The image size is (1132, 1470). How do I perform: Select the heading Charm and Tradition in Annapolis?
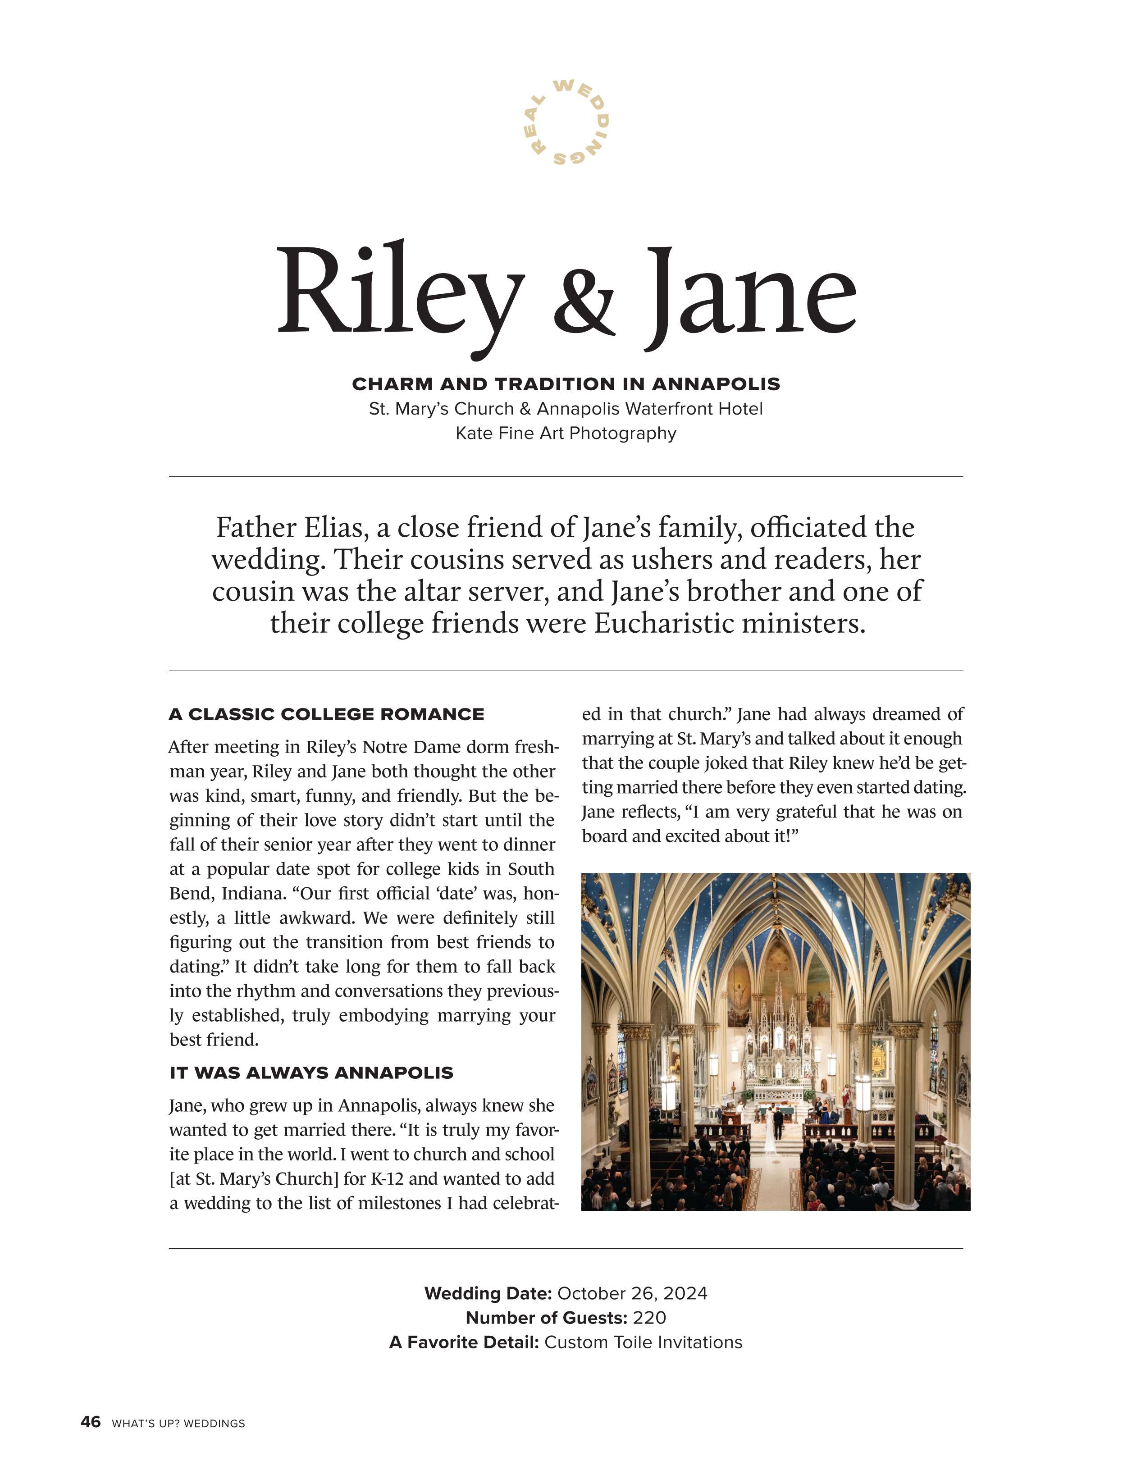pos(566,384)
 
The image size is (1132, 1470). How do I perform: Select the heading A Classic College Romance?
pos(326,714)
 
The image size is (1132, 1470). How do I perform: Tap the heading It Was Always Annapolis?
pos(311,1073)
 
